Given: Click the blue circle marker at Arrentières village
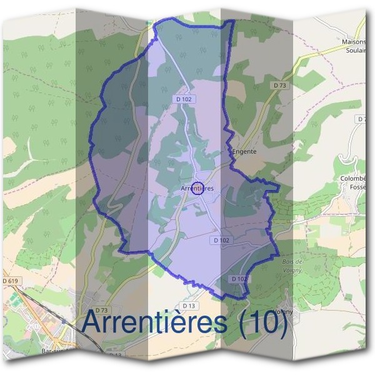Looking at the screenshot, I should [197, 188].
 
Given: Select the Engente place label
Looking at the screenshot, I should [244, 151].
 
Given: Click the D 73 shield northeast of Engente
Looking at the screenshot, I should [279, 85].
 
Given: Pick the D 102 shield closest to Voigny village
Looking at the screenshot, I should [239, 279].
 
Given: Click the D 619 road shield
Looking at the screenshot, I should [11, 282].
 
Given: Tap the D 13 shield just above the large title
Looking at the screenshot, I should [190, 306].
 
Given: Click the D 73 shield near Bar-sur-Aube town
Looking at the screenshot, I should [103, 310].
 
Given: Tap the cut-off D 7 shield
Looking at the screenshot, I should [362, 119].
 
